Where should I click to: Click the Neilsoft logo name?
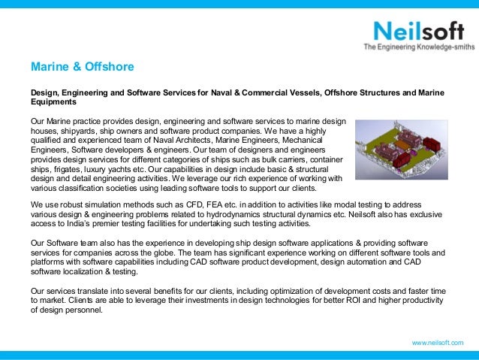coord(414,32)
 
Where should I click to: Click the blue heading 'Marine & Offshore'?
coord(82,67)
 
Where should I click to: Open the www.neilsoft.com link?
coord(438,343)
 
